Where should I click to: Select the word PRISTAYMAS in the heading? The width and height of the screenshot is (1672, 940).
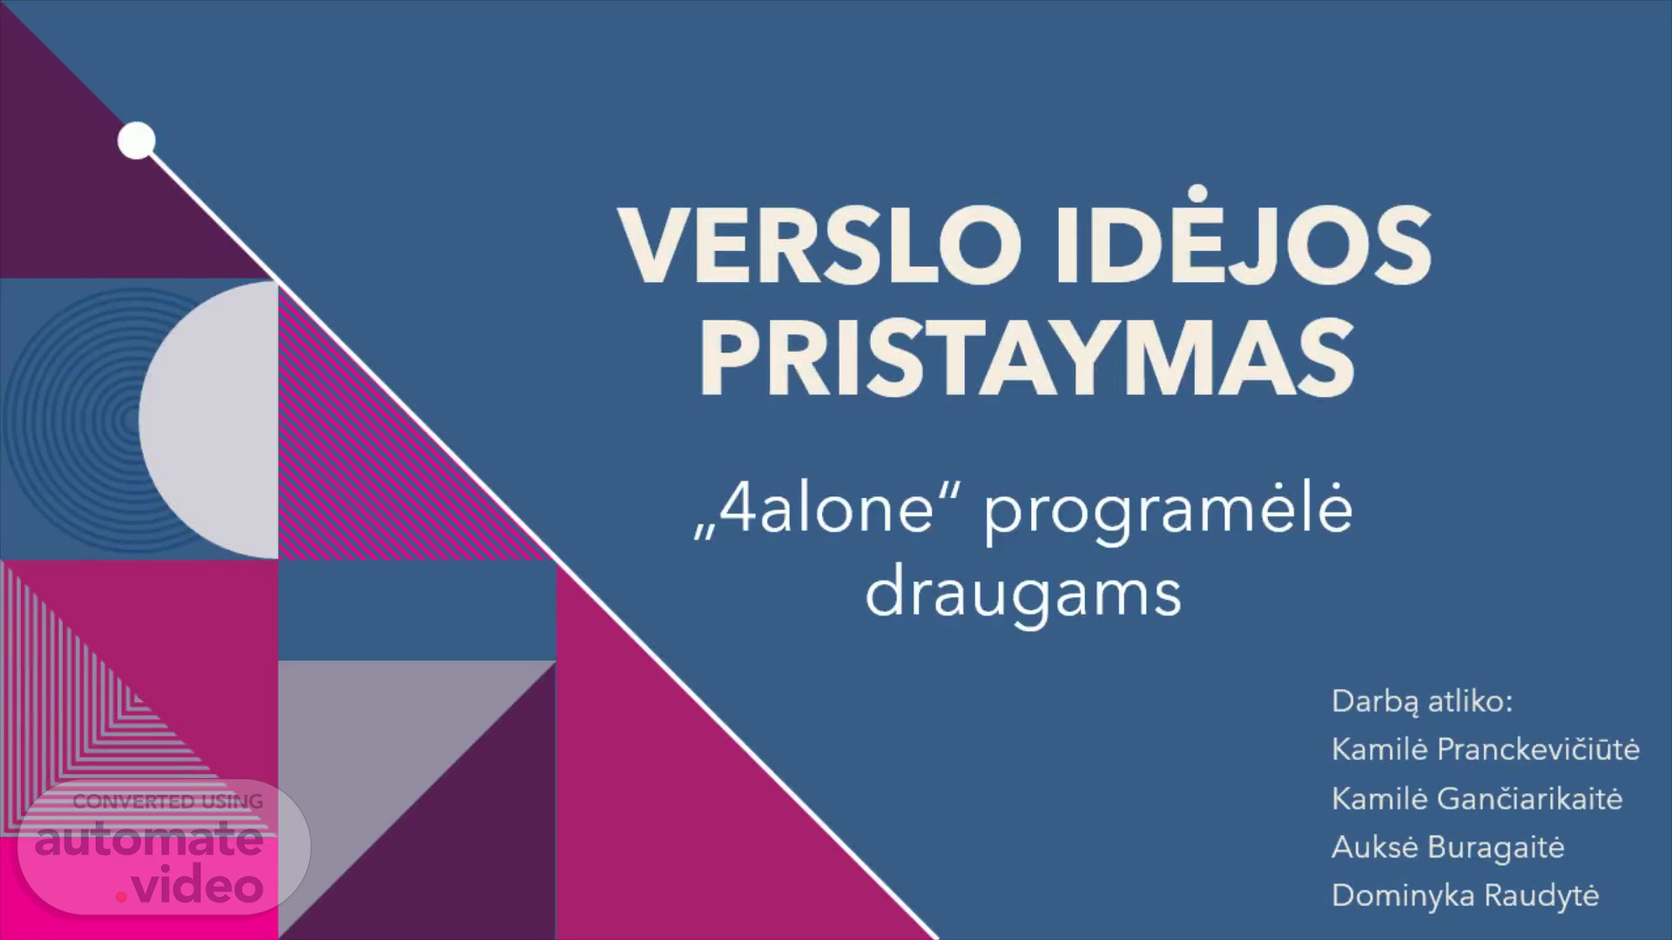(1027, 358)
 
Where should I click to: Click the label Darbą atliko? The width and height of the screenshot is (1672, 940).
(1422, 702)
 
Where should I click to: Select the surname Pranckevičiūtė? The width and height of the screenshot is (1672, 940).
(1539, 749)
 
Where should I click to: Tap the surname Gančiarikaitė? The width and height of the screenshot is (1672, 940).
(1530, 798)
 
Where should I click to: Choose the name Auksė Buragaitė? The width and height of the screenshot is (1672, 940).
(1448, 848)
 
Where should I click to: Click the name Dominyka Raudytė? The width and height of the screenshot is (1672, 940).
(1466, 896)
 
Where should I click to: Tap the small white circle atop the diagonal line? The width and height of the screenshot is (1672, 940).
(137, 141)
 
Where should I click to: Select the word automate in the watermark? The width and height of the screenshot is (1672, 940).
(149, 839)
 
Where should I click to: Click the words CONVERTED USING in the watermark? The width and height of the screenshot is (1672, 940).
(168, 802)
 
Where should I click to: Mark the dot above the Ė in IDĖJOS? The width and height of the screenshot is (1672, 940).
(1198, 192)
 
